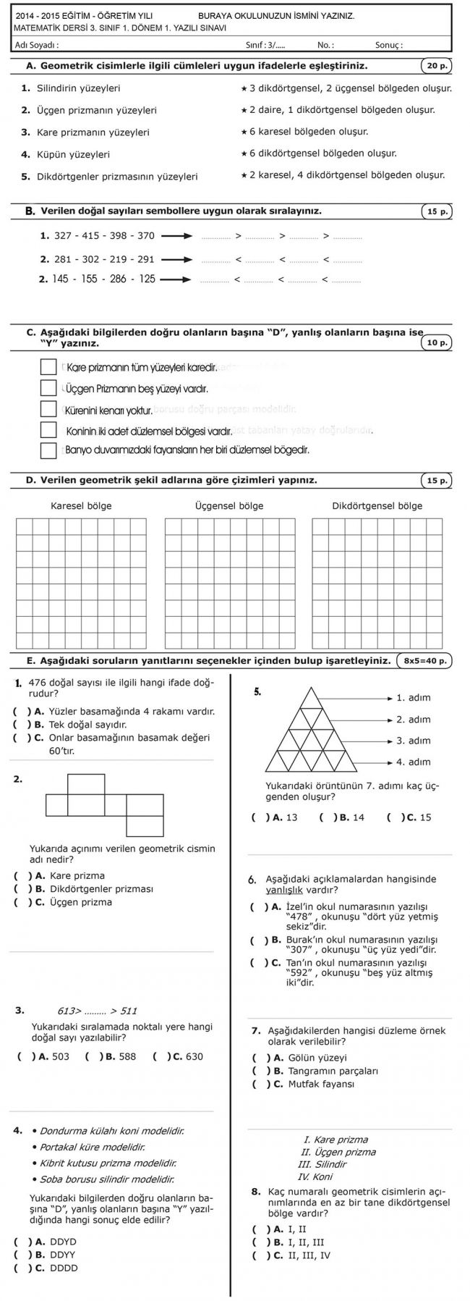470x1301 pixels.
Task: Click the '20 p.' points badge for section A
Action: (x=436, y=66)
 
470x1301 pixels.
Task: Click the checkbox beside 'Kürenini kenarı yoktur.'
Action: (x=48, y=409)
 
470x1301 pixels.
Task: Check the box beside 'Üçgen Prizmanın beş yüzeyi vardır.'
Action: (x=48, y=388)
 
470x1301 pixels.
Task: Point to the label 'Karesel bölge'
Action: (x=81, y=505)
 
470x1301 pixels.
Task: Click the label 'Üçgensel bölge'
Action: (x=229, y=505)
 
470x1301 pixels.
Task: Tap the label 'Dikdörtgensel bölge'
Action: (x=377, y=505)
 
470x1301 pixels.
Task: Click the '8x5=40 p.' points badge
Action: (x=425, y=660)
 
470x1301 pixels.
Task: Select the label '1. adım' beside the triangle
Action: (x=413, y=697)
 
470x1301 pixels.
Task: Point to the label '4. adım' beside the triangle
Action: (x=413, y=762)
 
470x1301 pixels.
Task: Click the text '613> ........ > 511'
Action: (x=97, y=1011)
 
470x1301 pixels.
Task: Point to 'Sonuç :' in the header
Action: (x=388, y=45)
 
